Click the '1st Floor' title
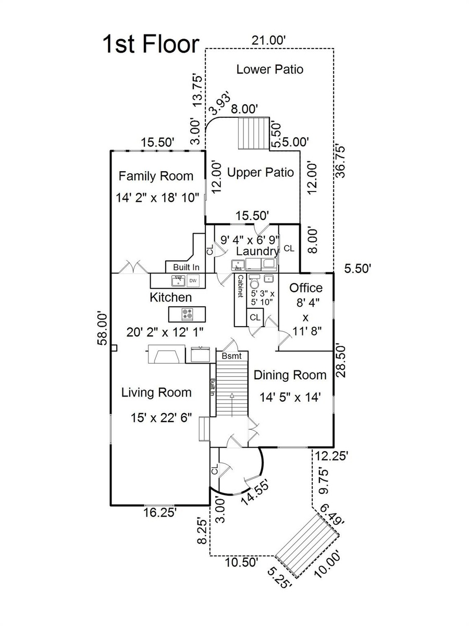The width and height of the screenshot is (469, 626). pos(151,44)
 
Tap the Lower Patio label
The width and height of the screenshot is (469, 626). pos(269,69)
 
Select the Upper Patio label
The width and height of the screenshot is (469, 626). pos(260,173)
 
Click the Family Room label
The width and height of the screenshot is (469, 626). pos(156,176)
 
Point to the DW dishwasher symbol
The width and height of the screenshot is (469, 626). pos(193,281)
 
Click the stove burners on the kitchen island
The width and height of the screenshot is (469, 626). pos(187,314)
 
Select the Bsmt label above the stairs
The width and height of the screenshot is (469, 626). pos(232,356)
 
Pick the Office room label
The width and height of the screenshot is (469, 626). pos(306,288)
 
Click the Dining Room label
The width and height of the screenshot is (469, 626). pos(290,375)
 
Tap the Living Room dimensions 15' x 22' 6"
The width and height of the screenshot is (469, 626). pos(161,418)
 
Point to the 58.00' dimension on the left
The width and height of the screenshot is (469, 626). pos(103,329)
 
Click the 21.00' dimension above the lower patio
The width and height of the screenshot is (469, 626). pos(268,41)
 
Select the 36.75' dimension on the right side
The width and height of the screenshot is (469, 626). pos(340,162)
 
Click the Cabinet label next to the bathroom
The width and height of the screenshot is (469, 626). pos(241,286)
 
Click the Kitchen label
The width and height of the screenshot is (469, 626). pos(170,297)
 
